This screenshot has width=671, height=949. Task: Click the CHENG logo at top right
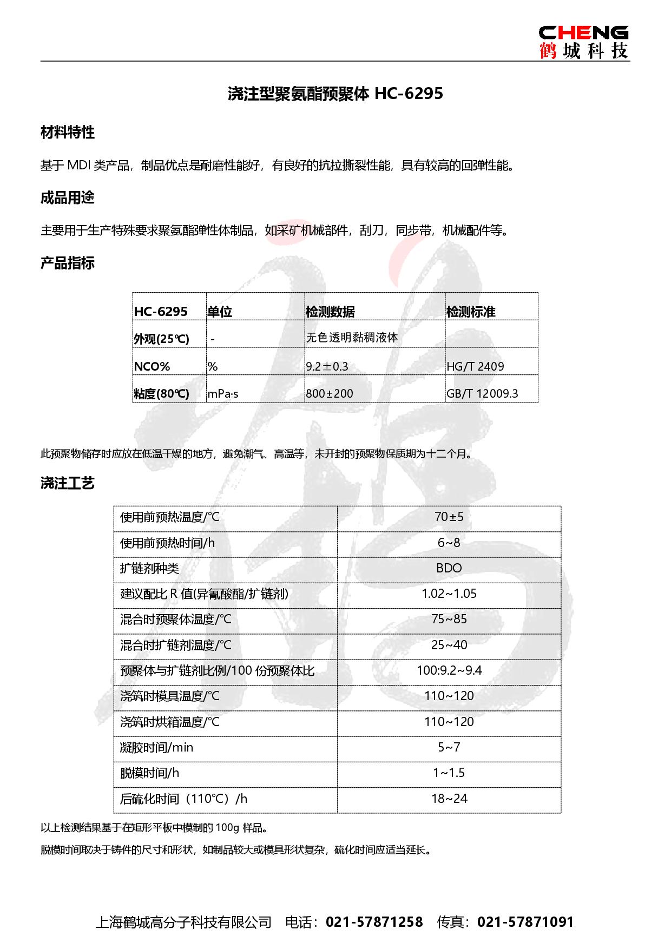583,41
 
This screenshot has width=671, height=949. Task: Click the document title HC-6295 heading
335,94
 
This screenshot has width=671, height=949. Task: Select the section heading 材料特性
68,133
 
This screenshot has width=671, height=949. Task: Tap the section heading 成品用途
68,198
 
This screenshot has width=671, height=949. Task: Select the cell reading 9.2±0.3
327,366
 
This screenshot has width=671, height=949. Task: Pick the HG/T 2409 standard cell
475,366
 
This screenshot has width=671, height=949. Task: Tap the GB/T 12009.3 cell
482,393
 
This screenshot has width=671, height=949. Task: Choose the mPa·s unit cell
223,394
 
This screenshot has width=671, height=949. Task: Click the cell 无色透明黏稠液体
352,338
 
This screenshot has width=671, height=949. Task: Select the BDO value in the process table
449,568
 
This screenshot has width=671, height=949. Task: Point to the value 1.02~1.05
449,594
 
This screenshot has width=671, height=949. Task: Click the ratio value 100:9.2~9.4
449,670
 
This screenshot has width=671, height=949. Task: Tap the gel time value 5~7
449,747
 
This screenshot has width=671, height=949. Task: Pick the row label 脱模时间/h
149,773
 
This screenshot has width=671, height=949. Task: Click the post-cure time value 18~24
449,798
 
